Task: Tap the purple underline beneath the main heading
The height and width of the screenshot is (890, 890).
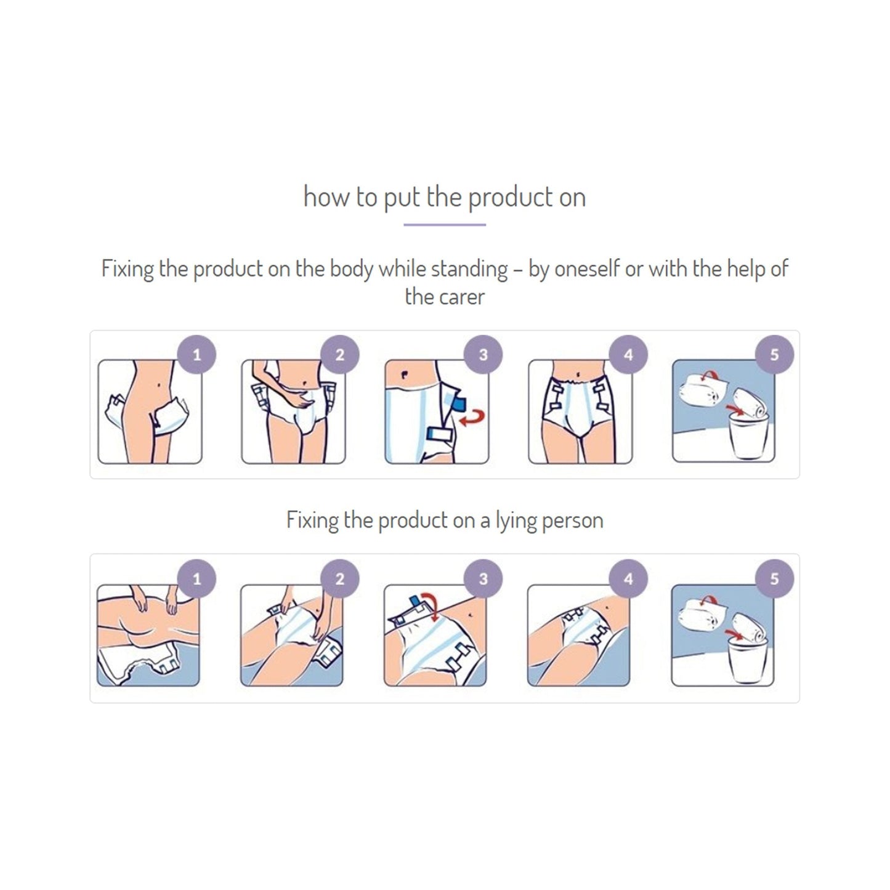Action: (x=444, y=225)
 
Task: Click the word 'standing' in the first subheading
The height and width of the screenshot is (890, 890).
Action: (x=469, y=269)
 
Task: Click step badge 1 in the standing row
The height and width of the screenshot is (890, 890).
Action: (x=196, y=355)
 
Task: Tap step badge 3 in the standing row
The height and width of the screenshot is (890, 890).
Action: (x=483, y=355)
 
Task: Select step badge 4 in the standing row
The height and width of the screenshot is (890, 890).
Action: (x=628, y=355)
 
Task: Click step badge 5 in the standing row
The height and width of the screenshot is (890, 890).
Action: (x=774, y=355)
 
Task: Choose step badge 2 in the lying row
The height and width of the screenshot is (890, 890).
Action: (x=340, y=579)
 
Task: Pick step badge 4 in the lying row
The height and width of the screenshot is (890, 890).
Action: (x=628, y=579)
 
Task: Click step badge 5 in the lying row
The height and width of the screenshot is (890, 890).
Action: (x=774, y=579)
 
